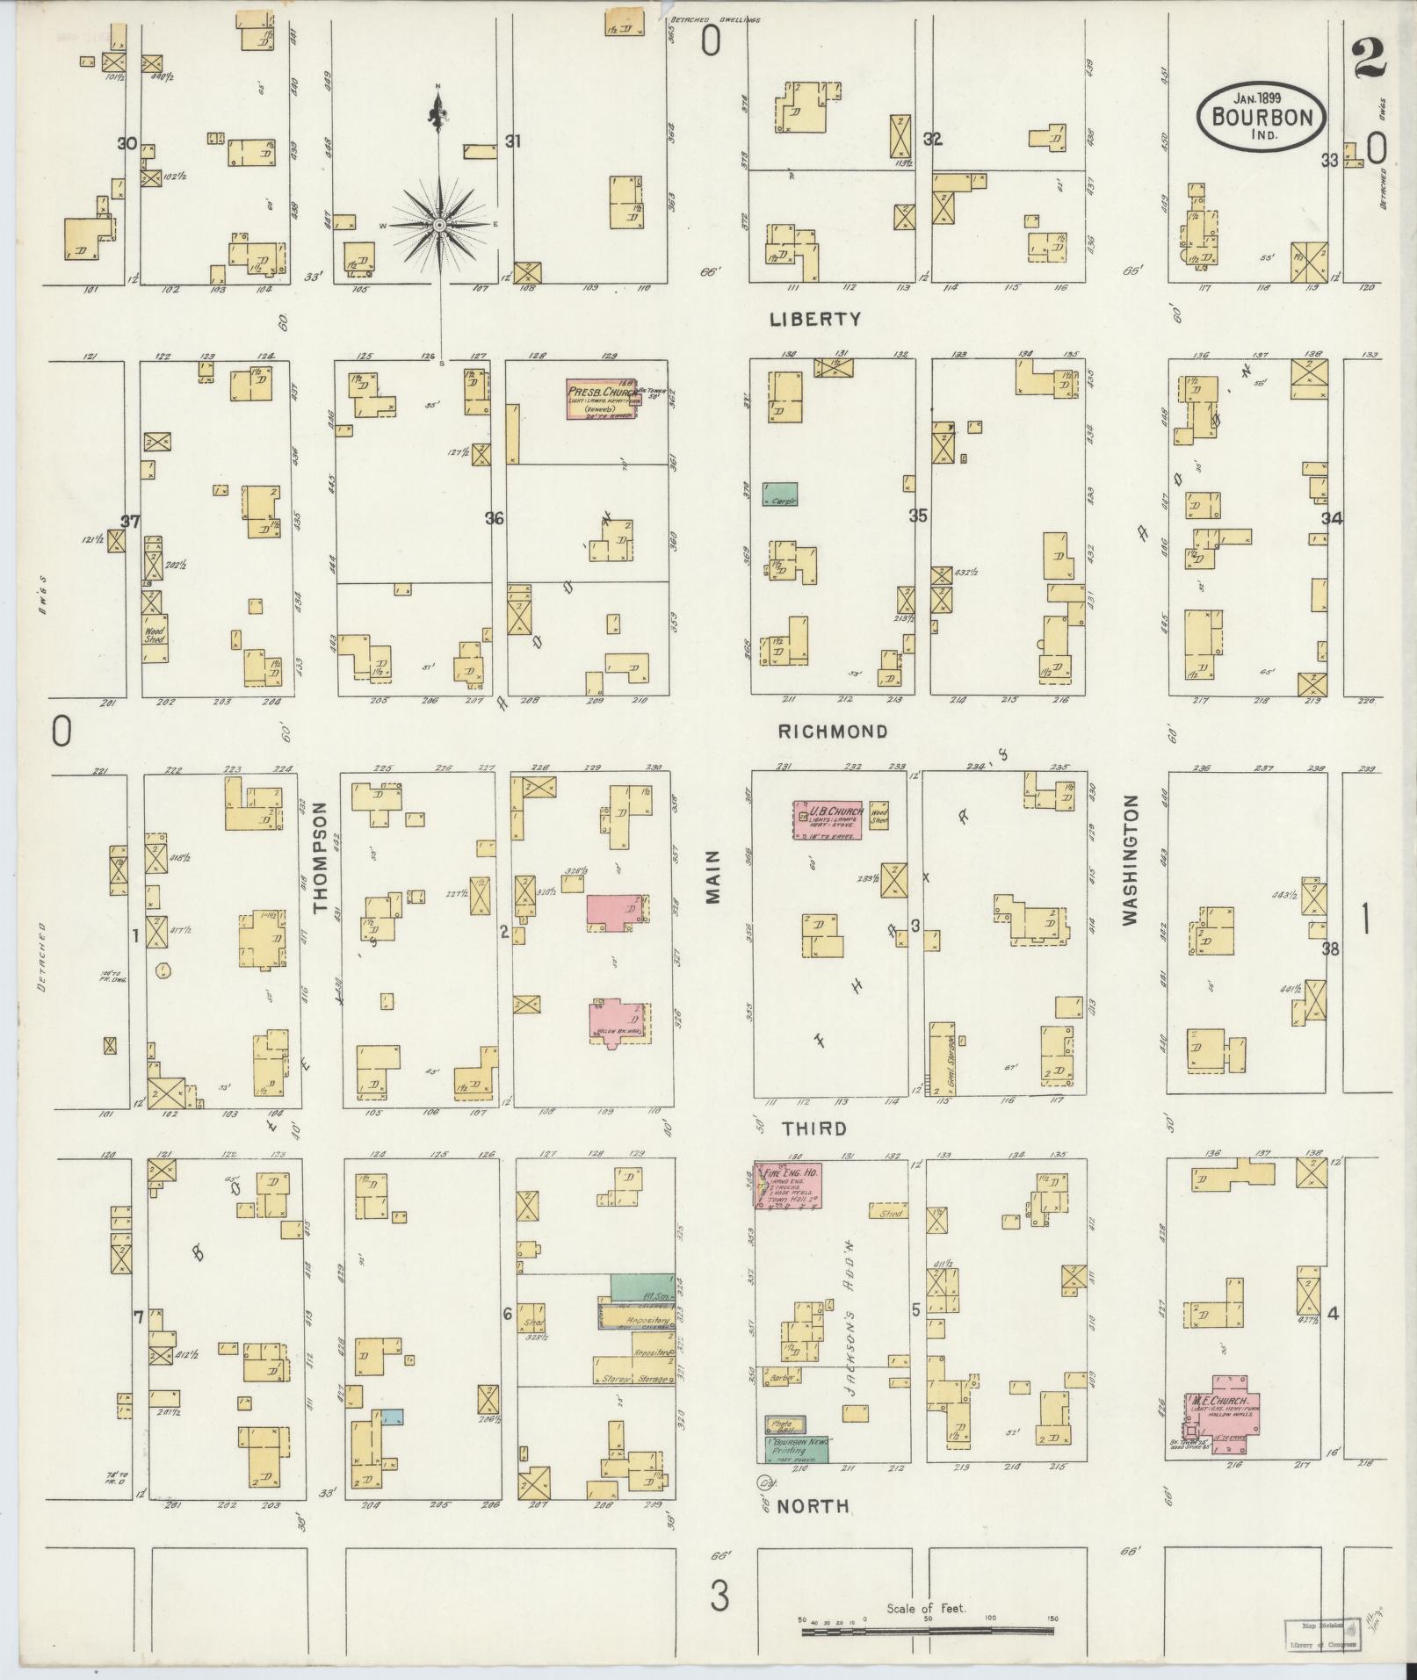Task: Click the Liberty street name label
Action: tap(815, 320)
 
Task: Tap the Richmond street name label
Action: tap(833, 732)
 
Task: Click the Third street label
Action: tap(815, 1128)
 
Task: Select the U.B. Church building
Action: tap(828, 820)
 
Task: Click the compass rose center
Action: tap(438, 225)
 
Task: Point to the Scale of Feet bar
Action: tap(927, 1631)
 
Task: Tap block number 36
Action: tap(495, 519)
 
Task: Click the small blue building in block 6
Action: tap(392, 1416)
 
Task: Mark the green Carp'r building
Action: tap(780, 494)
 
